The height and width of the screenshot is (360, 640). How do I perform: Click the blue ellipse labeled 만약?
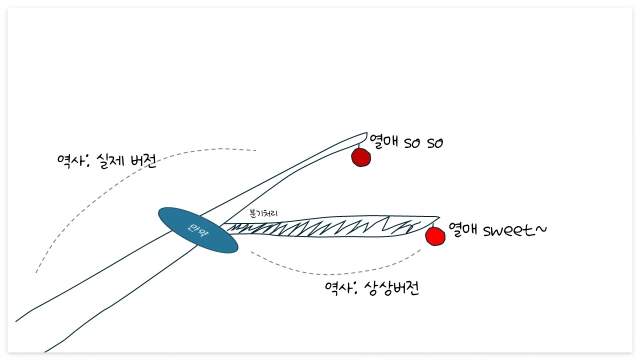point(198,230)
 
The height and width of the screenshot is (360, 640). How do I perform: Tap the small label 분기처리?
point(263,213)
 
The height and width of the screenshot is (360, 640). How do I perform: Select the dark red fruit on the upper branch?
point(360,157)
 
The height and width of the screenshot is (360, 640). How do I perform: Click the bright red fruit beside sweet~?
point(435,236)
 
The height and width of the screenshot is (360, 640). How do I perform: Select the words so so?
point(423,143)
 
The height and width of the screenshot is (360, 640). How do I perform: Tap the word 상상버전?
point(390,288)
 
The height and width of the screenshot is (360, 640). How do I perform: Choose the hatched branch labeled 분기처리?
point(325,227)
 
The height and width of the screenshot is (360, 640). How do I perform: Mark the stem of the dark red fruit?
point(359,144)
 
